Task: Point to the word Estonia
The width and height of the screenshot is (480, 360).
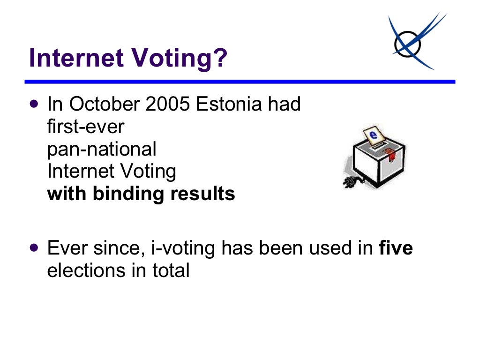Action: click(x=229, y=104)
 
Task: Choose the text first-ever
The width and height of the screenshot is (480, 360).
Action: click(x=85, y=127)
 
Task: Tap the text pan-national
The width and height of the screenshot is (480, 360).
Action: click(x=102, y=149)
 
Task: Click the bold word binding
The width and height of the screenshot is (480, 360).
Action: click(x=131, y=194)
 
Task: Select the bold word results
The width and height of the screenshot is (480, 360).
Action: click(x=204, y=194)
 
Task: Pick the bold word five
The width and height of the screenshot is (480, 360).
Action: click(x=396, y=248)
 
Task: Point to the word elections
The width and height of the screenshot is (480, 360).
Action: click(x=86, y=271)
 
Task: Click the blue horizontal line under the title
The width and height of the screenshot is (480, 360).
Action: click(x=240, y=82)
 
